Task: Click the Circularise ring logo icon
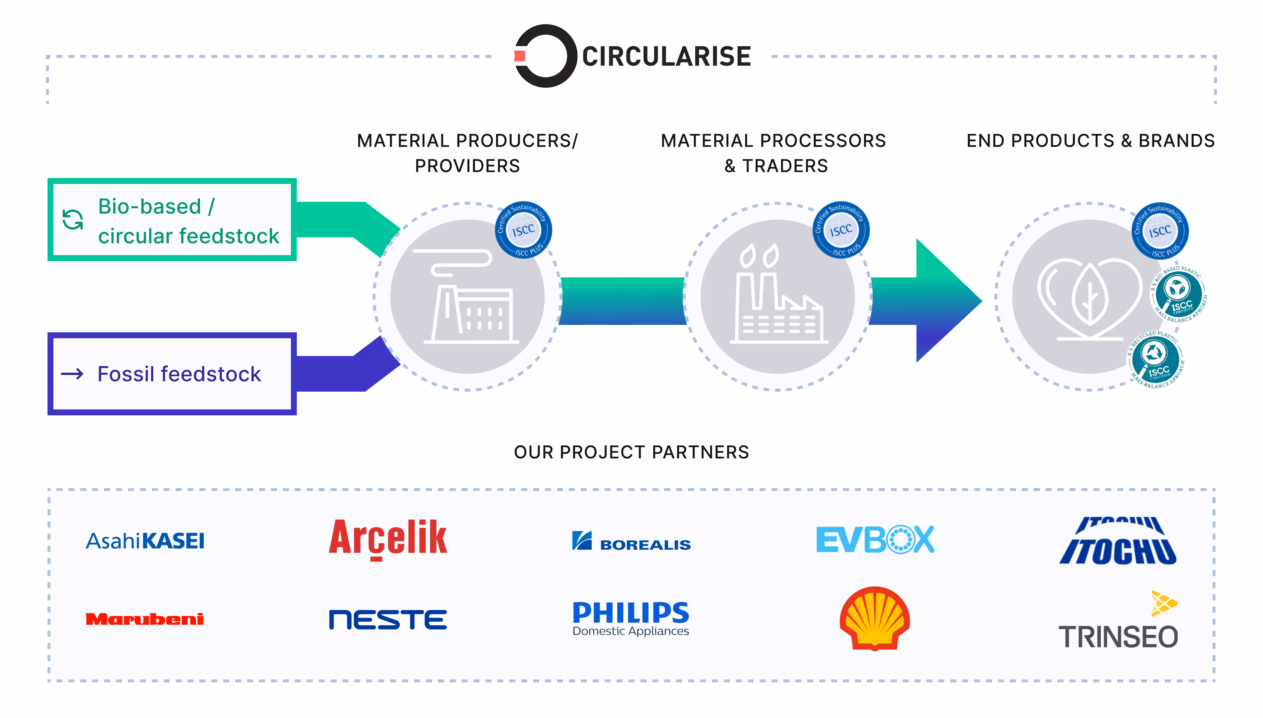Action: click(x=545, y=56)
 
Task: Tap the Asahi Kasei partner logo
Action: click(x=145, y=541)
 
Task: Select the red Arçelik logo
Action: click(x=388, y=539)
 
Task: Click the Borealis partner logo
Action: click(x=631, y=541)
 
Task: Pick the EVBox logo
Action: click(x=875, y=540)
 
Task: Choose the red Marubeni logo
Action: click(x=145, y=619)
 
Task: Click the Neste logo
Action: click(x=388, y=619)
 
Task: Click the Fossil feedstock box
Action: click(x=172, y=374)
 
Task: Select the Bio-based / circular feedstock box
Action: click(x=172, y=220)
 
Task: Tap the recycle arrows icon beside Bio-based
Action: click(x=72, y=220)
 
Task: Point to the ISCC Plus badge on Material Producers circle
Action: click(x=524, y=230)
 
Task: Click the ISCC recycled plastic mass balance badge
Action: click(x=1156, y=359)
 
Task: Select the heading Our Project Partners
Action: click(x=631, y=452)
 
